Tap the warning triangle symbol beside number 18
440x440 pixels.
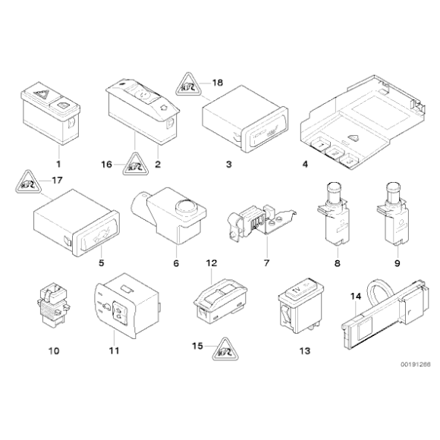(x=189, y=84)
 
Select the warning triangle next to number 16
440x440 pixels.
(x=136, y=165)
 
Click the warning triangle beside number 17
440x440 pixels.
(x=28, y=182)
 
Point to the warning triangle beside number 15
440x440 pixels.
(x=225, y=350)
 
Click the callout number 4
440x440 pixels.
(x=305, y=164)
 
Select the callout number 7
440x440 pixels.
(x=266, y=263)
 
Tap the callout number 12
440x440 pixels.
(x=212, y=263)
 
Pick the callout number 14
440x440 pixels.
(x=356, y=297)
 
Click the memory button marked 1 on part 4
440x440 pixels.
(x=320, y=144)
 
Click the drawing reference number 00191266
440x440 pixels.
(x=415, y=364)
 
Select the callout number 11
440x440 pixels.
(x=115, y=350)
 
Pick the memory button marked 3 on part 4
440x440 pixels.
(x=349, y=161)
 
